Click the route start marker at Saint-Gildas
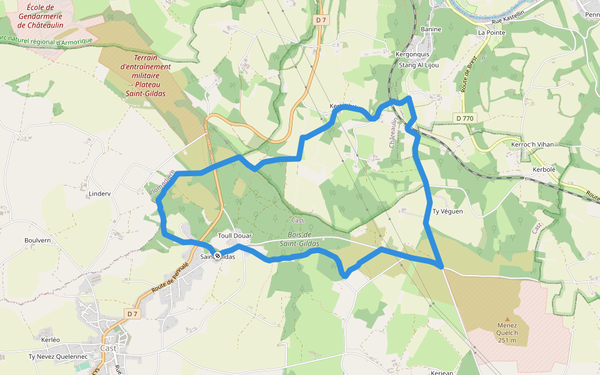click(217, 256)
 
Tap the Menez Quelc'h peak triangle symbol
click(507, 319)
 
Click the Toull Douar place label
click(235, 236)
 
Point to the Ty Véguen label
click(447, 211)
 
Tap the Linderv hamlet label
click(99, 194)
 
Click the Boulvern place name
click(37, 240)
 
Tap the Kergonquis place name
click(412, 54)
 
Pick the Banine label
click(431, 29)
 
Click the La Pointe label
click(491, 32)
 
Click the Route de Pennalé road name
click(171, 279)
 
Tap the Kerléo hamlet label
click(50, 339)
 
